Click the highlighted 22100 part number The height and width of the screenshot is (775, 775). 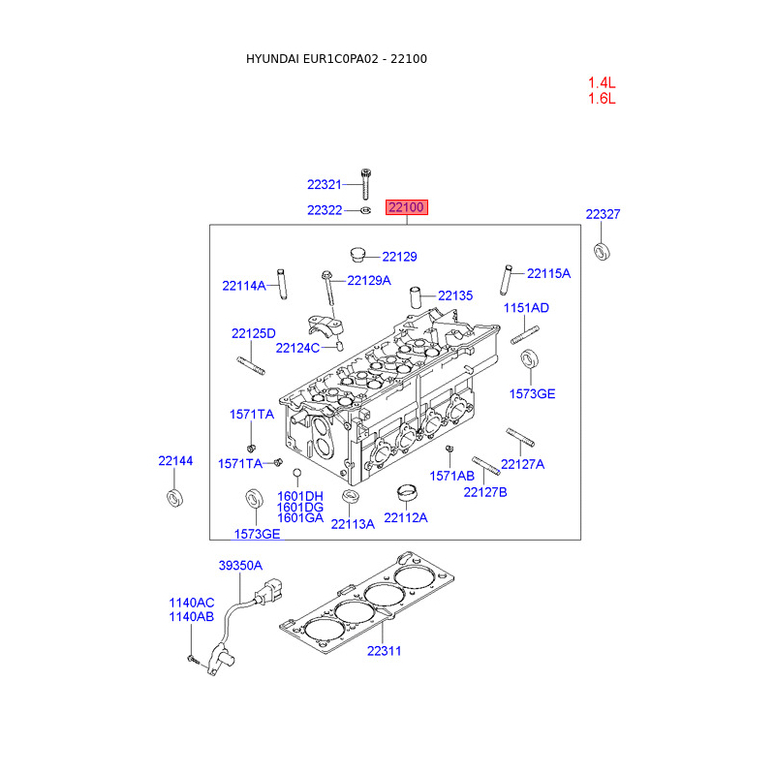tap(406, 207)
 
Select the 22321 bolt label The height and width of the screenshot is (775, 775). tap(325, 185)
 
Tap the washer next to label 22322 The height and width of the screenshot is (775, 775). tap(365, 210)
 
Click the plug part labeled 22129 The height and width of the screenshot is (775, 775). tap(356, 254)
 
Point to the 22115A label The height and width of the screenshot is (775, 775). tap(548, 273)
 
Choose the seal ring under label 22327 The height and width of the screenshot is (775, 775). tap(602, 252)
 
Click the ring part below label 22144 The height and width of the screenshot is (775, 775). tap(175, 497)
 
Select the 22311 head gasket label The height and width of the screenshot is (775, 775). tap(384, 651)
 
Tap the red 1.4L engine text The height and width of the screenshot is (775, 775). tap(602, 82)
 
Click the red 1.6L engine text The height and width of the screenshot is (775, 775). tap(602, 99)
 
